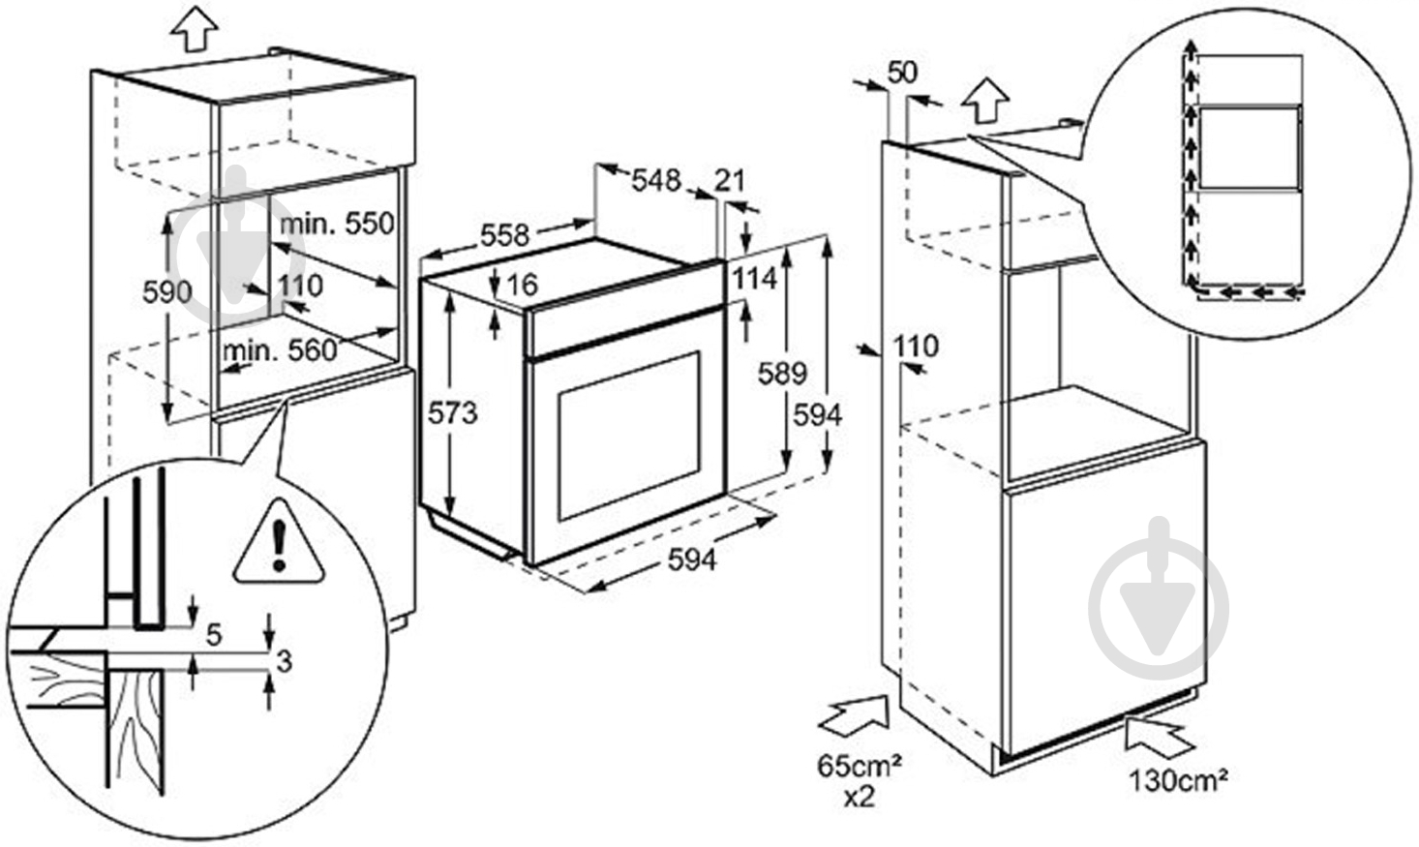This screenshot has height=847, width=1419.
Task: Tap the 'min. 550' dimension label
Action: (x=337, y=224)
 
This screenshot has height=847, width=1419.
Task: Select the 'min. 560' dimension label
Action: (x=280, y=351)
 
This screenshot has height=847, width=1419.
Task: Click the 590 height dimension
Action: (x=167, y=292)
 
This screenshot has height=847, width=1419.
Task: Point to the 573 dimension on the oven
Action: (x=452, y=413)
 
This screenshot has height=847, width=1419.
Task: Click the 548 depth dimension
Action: (x=656, y=181)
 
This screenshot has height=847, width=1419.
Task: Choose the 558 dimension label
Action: (x=504, y=235)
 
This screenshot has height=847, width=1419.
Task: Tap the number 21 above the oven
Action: (x=730, y=181)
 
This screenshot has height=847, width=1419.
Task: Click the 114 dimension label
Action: (x=754, y=278)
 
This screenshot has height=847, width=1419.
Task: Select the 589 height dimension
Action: (x=782, y=374)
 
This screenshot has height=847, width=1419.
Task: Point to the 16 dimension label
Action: (x=522, y=286)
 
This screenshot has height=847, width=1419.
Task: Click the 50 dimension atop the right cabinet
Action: (x=902, y=73)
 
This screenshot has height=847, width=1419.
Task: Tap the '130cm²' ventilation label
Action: (x=1179, y=780)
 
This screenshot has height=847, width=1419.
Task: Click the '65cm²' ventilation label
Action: (x=859, y=766)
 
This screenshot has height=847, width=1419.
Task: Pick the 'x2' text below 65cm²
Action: (x=859, y=797)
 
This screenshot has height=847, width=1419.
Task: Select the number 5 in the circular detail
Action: (x=214, y=635)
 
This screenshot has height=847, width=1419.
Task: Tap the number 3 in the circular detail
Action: (x=285, y=661)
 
